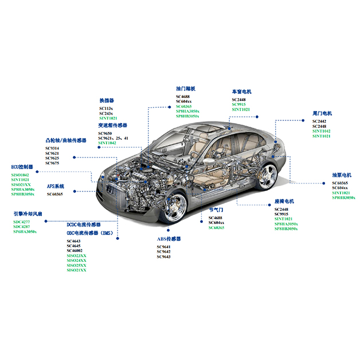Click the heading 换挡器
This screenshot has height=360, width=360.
coord(107,100)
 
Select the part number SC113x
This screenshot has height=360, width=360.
coord(106,108)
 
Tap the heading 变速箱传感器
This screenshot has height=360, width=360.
coord(113,125)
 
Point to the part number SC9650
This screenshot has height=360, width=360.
coord(106,133)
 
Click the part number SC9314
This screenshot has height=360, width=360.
coord(52,149)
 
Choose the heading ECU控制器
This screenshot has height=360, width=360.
coord(22,167)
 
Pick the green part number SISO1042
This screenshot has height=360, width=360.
coord(21,174)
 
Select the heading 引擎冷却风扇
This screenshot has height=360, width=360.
coord(28,214)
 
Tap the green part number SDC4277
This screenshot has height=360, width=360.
coord(21,222)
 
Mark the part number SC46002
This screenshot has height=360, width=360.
coord(75,251)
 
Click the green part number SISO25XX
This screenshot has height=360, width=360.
coord(76,265)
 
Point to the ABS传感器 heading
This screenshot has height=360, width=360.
coord(169,238)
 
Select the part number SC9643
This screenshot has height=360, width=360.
coord(163,257)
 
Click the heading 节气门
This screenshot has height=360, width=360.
coord(215,210)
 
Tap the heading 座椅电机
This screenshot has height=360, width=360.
coord(284,202)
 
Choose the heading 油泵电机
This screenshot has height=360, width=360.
coord(342,175)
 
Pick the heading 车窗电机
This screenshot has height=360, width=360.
coord(241,92)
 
